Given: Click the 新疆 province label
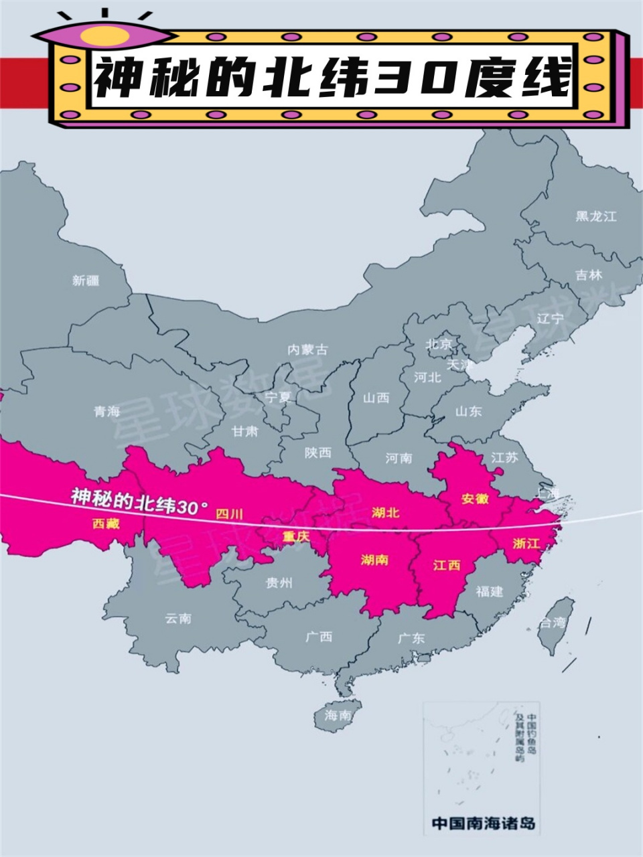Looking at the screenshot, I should (x=86, y=281).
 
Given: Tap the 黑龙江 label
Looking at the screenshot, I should (x=595, y=216).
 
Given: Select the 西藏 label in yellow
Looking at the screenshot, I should (x=106, y=524).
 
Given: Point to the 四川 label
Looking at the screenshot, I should (x=229, y=514).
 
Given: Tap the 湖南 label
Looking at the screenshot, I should (x=374, y=559).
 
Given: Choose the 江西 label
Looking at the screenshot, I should (x=447, y=565).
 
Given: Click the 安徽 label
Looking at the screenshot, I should (x=475, y=499).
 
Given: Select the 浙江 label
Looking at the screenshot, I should (x=526, y=543).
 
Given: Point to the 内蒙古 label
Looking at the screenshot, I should (x=308, y=349).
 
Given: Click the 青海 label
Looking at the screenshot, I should (x=107, y=411).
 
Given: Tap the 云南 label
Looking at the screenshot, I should (x=178, y=618).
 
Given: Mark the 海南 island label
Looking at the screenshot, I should (x=338, y=715).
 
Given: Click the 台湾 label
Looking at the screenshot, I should (x=553, y=623).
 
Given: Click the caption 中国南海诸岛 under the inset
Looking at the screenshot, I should (x=483, y=823).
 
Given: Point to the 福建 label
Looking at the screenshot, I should (x=489, y=591).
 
